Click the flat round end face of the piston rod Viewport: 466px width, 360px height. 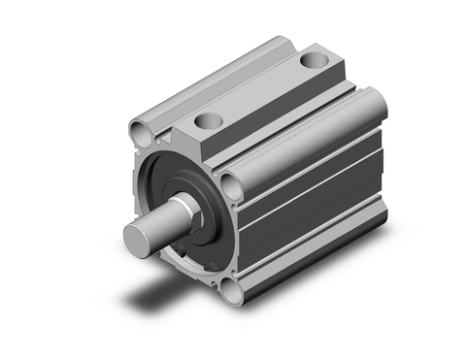pos(137,237)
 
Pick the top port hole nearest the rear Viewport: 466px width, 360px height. pos(312,61)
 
